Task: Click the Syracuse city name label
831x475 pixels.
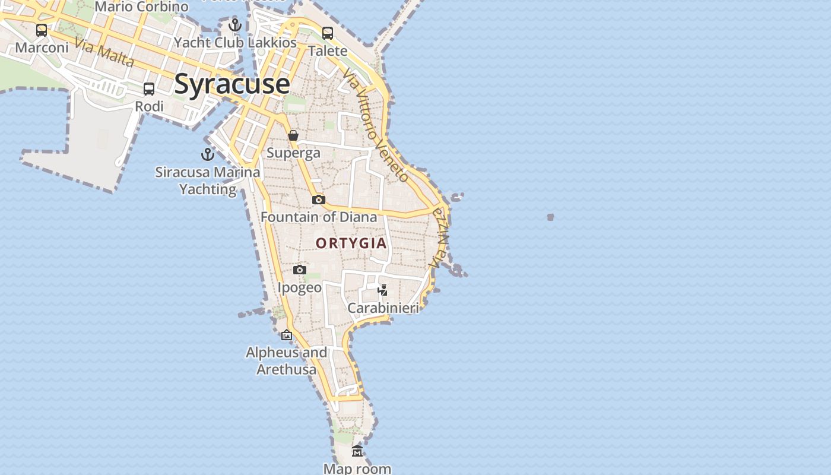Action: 232,84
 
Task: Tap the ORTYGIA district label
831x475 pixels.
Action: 351,243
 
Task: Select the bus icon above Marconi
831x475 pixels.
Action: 42,30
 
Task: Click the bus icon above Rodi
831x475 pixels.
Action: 149,89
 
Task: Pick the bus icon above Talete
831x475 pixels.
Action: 328,33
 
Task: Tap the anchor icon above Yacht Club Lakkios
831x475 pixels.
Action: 235,25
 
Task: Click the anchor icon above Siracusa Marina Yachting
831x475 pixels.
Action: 207,154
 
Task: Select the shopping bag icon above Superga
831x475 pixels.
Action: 293,135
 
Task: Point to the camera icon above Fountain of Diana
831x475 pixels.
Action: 319,199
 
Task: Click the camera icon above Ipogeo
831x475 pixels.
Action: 300,270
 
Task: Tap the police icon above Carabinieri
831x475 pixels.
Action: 383,290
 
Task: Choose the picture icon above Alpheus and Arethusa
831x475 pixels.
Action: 287,335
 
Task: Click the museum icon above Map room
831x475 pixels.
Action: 357,451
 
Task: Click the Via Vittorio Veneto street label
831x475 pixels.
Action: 376,125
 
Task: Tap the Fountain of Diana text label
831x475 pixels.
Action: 319,217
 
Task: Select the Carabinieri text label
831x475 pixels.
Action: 383,308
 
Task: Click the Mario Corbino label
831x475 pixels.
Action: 141,7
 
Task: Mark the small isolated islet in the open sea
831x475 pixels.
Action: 550,217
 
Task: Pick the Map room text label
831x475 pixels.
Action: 357,468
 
